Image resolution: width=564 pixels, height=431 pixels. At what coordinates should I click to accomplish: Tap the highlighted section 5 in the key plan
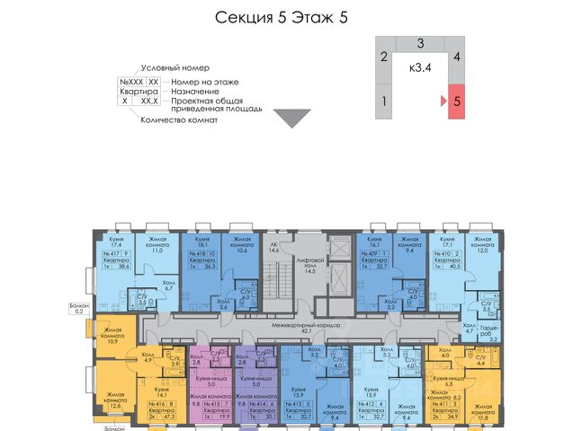tap(457, 101)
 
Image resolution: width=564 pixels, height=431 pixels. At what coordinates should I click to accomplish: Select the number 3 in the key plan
tap(420, 43)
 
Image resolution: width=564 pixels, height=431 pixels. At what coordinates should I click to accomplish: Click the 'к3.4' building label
tap(420, 67)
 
